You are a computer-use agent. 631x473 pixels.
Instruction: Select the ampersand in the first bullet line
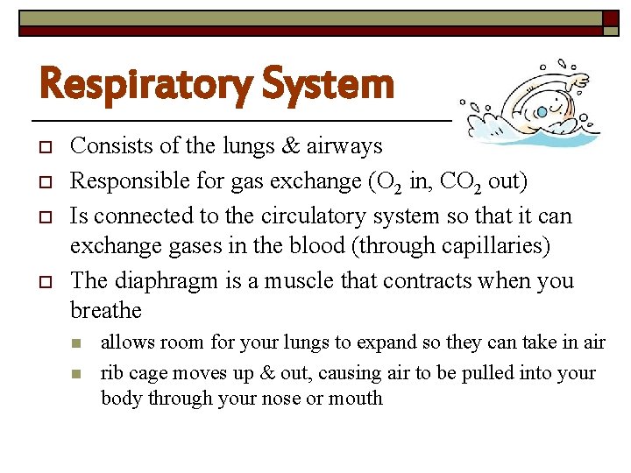(x=288, y=145)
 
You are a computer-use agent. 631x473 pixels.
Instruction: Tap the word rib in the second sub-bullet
(x=112, y=372)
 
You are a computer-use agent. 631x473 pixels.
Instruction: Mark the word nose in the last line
(x=287, y=398)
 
